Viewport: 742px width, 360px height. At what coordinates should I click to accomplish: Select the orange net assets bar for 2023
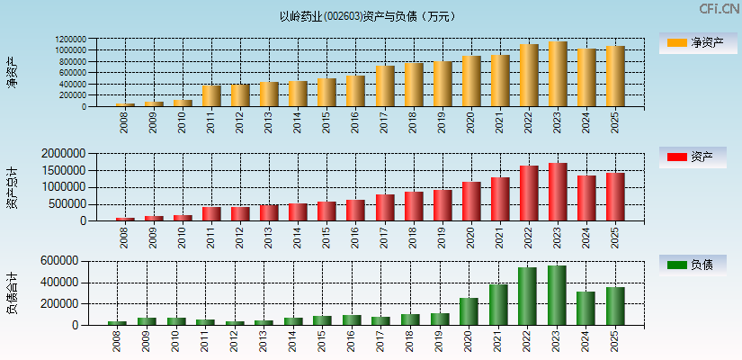(x=558, y=74)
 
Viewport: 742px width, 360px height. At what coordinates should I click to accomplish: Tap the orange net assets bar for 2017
(x=385, y=86)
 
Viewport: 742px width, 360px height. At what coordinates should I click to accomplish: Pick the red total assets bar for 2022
(x=529, y=193)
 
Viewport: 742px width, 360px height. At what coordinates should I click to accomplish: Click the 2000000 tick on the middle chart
(x=64, y=154)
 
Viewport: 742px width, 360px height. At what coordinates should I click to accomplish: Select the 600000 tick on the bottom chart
(x=59, y=261)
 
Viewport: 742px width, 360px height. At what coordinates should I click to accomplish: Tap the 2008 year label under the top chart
(x=124, y=121)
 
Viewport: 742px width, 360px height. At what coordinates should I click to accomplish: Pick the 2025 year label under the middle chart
(x=615, y=237)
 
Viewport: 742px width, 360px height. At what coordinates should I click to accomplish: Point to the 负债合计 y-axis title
(x=13, y=292)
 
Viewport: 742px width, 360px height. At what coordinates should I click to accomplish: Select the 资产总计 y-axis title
(x=13, y=187)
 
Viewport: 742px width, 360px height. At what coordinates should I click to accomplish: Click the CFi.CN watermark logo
(x=719, y=9)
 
